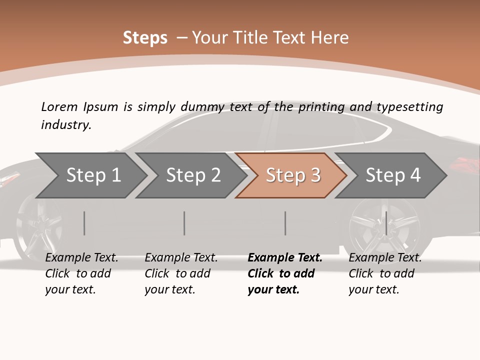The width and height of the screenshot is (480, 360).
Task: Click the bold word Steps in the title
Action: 145,38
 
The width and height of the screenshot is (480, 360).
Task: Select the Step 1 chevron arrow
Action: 93,175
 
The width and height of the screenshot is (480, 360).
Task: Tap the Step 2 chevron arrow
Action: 193,175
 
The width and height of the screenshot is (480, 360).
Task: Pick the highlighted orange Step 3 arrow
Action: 292,175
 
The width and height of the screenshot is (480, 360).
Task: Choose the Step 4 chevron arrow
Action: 392,175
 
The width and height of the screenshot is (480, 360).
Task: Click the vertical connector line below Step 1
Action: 84,223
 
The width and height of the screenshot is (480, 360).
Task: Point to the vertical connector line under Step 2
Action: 184,223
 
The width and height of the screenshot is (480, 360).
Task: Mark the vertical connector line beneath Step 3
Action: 285,223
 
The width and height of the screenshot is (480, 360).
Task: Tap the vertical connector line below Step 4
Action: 386,223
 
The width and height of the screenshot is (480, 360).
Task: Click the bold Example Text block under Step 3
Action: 285,273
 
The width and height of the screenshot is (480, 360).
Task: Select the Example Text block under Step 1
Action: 81,273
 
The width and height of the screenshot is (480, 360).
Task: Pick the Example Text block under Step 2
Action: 181,273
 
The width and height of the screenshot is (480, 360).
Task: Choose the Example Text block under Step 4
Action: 385,273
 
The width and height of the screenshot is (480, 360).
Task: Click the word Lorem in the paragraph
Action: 59,107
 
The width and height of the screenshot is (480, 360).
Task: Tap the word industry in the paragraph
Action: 65,125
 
